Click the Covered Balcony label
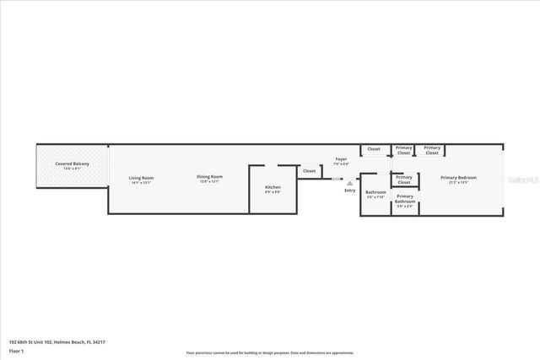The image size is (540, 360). coord(72,163)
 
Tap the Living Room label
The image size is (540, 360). coord(141,177)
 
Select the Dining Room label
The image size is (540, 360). coord(210,177)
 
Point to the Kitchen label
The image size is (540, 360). coord(273,186)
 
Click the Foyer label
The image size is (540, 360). coord(341,159)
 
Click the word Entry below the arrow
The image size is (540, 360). coord(350,190)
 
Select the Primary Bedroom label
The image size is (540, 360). coord(458,177)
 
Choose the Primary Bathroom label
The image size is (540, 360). coord(404,201)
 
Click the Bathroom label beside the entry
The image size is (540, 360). coord(375,192)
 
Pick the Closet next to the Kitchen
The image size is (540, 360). coord(309,170)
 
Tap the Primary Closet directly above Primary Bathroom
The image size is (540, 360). coord(404,179)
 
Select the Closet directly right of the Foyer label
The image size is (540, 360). coord(373,149)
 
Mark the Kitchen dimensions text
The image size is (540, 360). coord(273,191)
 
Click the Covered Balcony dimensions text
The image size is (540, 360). coord(72,168)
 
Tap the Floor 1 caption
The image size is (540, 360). coord(17,351)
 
